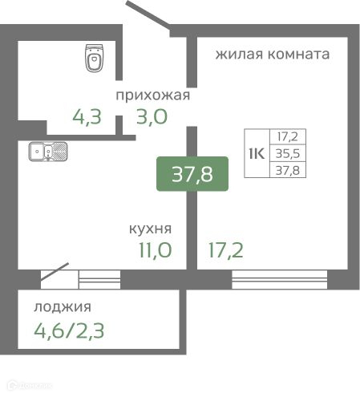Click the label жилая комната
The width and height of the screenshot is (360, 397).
272,55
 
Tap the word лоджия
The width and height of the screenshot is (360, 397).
62,306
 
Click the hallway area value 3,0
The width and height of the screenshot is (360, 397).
152,119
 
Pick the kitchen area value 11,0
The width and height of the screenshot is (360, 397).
155,250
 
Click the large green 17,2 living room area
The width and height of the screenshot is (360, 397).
224,250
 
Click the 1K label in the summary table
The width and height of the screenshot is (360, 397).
257,152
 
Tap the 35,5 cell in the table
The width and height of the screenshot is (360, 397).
289,153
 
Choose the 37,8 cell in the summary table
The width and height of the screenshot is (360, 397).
289,168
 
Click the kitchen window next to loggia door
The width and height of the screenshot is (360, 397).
99,279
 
